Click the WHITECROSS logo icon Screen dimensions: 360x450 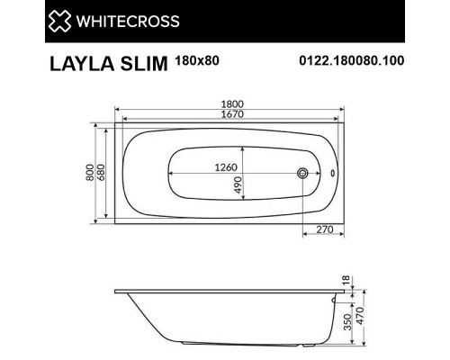click(x=34, y=20)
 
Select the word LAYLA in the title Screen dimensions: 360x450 click(x=76, y=65)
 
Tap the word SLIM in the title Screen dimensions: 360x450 click(x=135, y=65)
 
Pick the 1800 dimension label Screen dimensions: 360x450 click(x=228, y=105)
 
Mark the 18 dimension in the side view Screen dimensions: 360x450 click(x=346, y=282)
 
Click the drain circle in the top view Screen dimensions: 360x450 click(x=304, y=175)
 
